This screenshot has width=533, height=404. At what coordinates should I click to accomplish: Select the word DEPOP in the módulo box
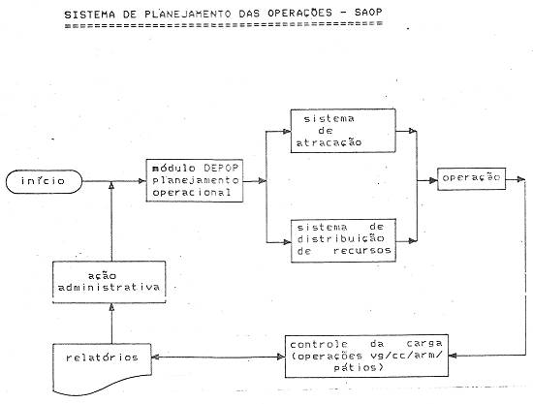(221, 169)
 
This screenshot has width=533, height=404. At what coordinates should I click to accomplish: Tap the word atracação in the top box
(329, 142)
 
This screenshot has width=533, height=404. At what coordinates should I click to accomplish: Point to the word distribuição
(340, 238)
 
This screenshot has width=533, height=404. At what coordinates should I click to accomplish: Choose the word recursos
(362, 251)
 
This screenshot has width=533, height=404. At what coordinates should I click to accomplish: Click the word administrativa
(109, 288)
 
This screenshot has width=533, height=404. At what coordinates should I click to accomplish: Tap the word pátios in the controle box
(355, 367)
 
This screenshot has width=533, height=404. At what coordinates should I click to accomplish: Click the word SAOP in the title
(368, 13)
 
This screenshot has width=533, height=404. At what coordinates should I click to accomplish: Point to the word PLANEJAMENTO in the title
(188, 14)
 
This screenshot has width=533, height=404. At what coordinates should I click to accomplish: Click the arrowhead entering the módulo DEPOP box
(142, 181)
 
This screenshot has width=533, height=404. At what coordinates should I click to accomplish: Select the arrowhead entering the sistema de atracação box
(287, 131)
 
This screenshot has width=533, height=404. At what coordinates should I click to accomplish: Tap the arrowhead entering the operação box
(433, 181)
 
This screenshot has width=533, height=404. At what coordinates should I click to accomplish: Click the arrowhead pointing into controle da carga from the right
(453, 356)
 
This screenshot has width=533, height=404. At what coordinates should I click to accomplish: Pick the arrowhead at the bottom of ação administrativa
(111, 307)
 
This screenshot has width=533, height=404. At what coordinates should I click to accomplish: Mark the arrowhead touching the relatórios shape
(156, 357)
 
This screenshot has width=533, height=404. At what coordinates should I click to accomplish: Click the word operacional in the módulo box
(192, 193)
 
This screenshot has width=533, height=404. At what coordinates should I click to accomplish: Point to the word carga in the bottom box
(424, 344)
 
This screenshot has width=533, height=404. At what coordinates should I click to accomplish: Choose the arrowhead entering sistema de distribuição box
(287, 242)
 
